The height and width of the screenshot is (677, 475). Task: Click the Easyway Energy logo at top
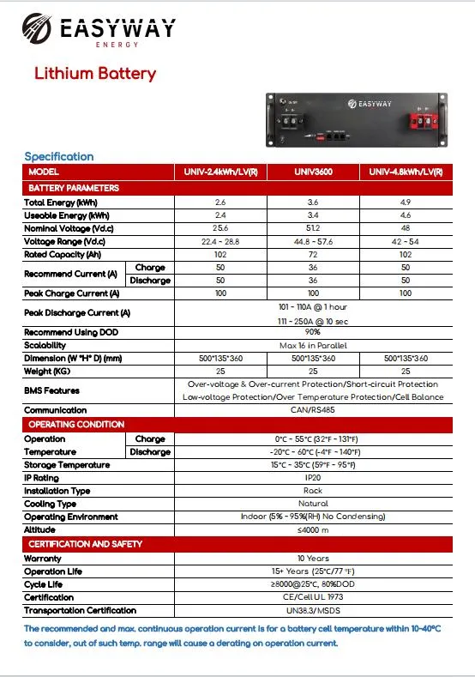(x=99, y=31)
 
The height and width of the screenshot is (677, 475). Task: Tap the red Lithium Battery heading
(x=94, y=73)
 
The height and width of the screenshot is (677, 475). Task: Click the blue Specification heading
(x=58, y=156)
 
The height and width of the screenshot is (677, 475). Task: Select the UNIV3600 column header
(x=313, y=172)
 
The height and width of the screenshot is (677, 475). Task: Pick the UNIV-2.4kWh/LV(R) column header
(x=220, y=172)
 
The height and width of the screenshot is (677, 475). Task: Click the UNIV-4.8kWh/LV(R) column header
(x=406, y=172)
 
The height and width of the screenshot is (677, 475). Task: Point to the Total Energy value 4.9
(x=406, y=202)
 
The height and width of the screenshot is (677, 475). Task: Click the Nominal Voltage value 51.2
(x=313, y=228)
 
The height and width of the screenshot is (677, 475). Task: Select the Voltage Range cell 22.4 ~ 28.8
(x=220, y=241)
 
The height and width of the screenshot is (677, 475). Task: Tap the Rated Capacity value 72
(x=313, y=254)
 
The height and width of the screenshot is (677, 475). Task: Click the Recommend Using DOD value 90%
(x=313, y=331)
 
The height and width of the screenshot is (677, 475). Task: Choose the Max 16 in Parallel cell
(x=313, y=345)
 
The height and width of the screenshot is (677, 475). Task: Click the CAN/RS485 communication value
(x=313, y=410)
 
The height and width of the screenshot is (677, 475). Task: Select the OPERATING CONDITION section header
(x=76, y=425)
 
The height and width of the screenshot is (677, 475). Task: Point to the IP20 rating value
(x=313, y=477)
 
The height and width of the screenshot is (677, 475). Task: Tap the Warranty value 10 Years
(x=313, y=558)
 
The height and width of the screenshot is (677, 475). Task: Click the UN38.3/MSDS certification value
(x=313, y=610)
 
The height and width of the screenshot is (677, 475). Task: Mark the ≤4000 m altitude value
(x=313, y=530)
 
